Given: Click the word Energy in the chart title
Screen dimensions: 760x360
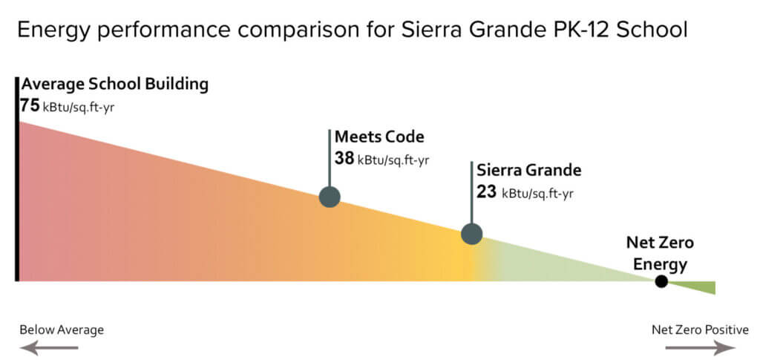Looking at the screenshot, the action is coord(53,30).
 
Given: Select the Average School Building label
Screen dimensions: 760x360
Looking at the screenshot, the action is coord(115,85).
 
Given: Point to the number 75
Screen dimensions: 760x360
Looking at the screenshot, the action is coord(30,105).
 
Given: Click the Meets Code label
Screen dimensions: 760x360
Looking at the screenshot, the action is coord(379,137).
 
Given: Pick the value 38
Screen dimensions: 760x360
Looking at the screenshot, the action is coord(344,158).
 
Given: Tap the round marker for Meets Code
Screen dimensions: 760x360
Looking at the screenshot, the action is coord(330,197).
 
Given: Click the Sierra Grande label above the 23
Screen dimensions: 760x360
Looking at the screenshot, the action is coord(528,171).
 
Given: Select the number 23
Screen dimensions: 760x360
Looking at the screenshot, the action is coord(486,192).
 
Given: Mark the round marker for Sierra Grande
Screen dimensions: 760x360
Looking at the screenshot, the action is coord(471,234).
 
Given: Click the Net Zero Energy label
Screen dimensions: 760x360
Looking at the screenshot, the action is coord(660,253).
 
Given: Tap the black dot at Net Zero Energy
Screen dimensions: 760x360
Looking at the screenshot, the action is coord(661,281).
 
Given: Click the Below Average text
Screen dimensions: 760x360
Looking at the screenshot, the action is coord(62,330).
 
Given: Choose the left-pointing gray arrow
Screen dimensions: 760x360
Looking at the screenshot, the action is coord(48,347).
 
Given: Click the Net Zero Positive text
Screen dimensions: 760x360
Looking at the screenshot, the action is coord(700,330).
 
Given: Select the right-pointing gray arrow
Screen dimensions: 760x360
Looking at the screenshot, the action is coord(701,347).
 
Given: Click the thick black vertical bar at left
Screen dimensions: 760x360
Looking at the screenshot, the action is coord(18,179).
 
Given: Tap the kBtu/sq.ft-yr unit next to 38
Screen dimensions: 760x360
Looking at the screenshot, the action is coord(393,160).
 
